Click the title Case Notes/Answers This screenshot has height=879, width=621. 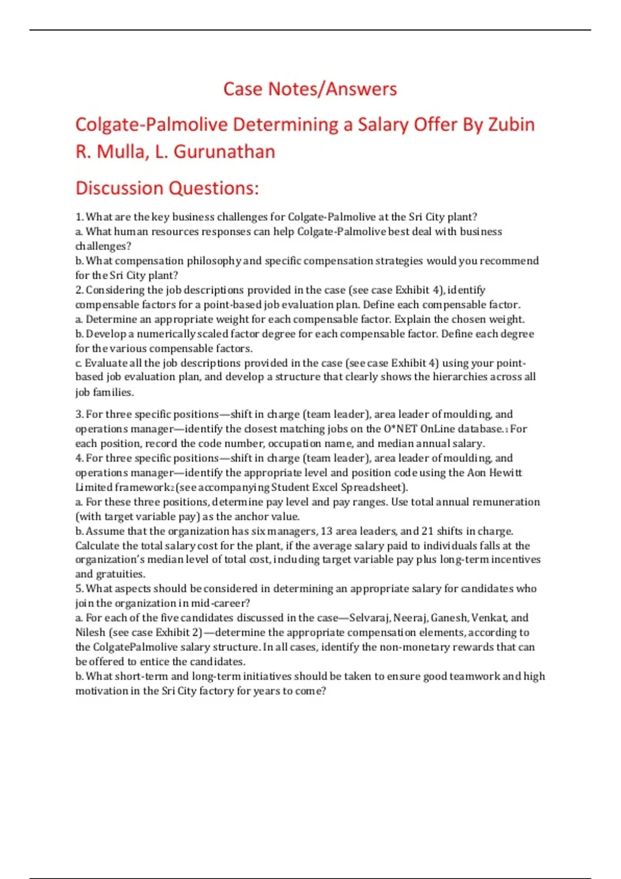tap(310, 89)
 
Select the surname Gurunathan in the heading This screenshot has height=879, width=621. tap(224, 151)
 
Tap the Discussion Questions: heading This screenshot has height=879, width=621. tap(167, 188)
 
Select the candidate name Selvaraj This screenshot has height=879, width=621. tap(369, 618)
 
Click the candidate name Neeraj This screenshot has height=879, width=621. tap(410, 618)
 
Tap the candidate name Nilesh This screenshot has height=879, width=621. tap(90, 632)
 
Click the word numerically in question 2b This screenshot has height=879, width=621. tap(166, 334)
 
